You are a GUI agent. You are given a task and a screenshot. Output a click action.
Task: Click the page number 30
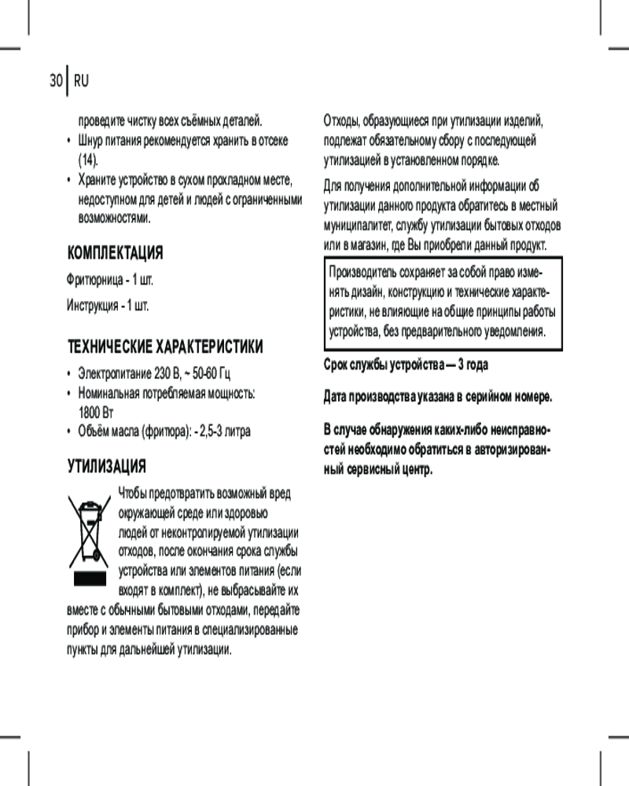click(x=55, y=81)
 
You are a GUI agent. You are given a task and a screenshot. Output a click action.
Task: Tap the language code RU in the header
click(x=81, y=81)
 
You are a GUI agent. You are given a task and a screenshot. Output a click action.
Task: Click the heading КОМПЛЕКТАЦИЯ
click(x=116, y=254)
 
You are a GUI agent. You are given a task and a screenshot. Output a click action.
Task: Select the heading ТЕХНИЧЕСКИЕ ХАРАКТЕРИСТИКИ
click(x=165, y=347)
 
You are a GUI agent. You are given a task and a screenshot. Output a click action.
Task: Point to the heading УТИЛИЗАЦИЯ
click(x=107, y=467)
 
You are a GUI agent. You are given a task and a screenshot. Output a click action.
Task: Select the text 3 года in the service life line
click(x=478, y=367)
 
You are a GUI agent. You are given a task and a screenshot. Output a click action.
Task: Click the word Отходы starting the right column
click(x=344, y=122)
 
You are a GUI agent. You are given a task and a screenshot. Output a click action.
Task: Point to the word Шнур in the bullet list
click(x=89, y=141)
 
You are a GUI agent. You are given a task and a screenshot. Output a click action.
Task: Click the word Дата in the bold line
click(x=337, y=397)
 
